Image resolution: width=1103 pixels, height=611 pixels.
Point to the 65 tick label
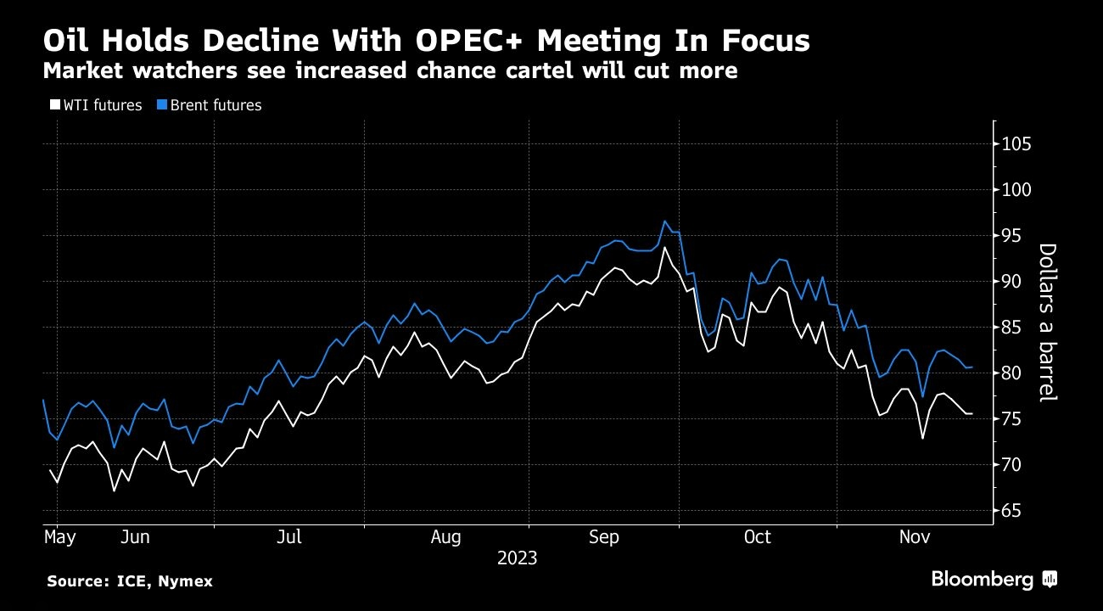1016,511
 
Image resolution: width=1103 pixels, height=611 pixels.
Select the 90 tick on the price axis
1016,282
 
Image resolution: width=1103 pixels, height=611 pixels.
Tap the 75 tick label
1016,419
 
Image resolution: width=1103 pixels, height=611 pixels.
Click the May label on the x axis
60,537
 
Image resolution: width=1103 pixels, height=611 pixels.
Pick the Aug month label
445,537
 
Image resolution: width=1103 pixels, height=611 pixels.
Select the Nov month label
914,537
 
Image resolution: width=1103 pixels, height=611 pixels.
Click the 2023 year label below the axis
518,558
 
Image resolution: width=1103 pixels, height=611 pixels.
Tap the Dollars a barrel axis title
1047,322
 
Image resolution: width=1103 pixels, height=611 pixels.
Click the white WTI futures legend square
55,105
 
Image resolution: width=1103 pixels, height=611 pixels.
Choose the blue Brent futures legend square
160,105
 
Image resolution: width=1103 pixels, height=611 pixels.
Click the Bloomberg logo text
983,580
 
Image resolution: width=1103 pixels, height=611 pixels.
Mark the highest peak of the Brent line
665,221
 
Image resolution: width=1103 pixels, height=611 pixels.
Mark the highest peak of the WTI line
665,247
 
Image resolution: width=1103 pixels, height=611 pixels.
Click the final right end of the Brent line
972,367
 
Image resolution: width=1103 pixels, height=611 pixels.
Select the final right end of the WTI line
972,413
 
